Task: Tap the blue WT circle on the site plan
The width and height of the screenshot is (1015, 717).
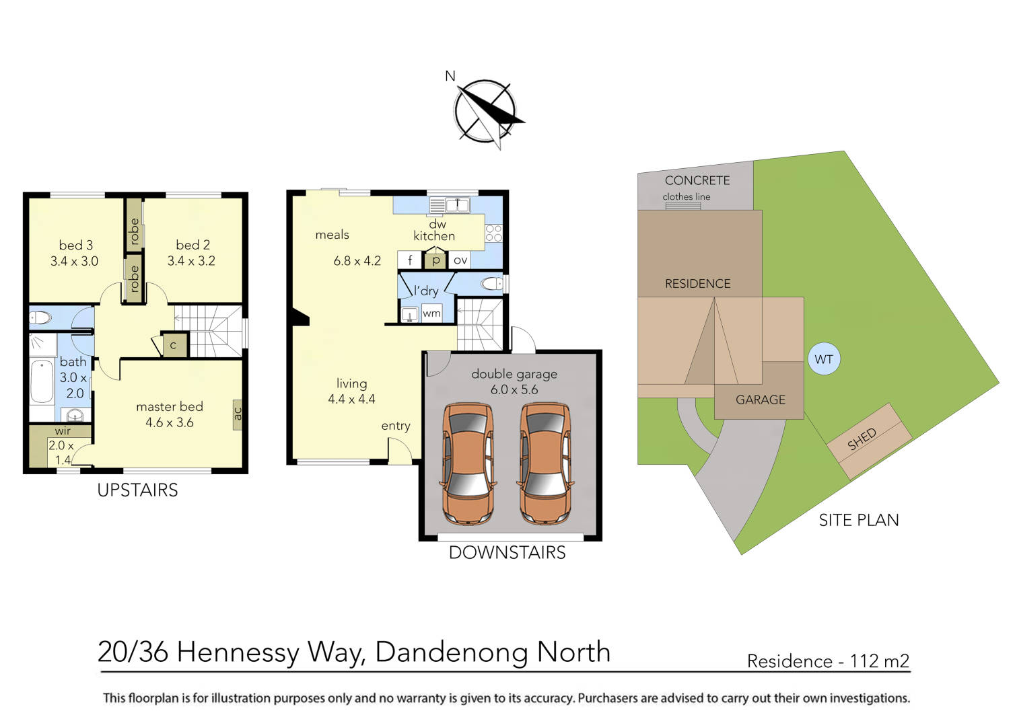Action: tap(824, 359)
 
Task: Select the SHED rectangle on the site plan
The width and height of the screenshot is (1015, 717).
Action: tap(869, 441)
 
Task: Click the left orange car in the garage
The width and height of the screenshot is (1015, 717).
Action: tap(468, 463)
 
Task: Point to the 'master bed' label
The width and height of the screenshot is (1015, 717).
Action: tap(169, 407)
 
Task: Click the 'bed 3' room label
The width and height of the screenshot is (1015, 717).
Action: tap(75, 246)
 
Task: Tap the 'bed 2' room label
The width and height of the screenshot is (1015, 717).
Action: tap(193, 246)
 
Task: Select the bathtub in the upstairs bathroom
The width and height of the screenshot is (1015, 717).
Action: tap(42, 381)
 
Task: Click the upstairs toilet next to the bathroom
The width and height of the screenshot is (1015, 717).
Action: tap(40, 318)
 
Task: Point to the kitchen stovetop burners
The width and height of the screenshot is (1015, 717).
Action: tap(493, 233)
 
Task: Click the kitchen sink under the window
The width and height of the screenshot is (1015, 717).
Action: tap(448, 204)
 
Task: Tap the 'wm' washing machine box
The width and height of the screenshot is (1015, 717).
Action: tap(431, 313)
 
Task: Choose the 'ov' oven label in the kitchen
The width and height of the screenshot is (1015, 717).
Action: tap(460, 260)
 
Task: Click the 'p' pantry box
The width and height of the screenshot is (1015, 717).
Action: tap(436, 260)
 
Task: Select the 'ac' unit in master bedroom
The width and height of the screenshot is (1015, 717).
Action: tap(237, 412)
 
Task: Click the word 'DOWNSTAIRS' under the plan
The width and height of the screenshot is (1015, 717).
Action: tap(507, 553)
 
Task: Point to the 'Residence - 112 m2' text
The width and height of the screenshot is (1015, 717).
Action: tap(828, 661)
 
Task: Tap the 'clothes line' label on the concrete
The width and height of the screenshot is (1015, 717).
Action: tap(686, 197)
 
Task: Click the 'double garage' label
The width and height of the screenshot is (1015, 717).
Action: tap(514, 374)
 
